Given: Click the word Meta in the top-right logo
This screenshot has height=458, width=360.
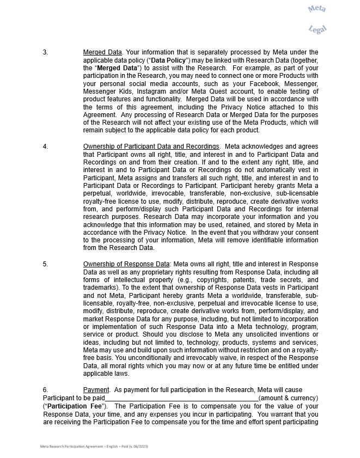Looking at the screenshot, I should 316,9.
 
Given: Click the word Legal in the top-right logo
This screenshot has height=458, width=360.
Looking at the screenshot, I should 317,29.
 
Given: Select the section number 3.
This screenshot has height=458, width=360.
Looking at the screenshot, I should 45,52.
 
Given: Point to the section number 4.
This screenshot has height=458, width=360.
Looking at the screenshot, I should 45,146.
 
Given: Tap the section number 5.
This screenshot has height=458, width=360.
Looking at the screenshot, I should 45,264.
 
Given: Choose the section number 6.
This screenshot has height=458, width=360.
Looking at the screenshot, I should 45,390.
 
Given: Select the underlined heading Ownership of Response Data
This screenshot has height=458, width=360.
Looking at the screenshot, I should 126,264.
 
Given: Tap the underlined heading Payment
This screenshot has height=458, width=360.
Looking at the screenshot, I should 97,390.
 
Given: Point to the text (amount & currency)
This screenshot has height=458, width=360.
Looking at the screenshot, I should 288,398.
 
